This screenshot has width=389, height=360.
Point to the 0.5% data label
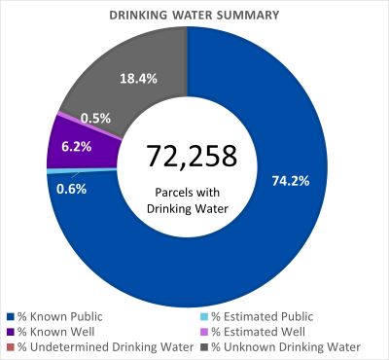[x=94, y=117]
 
